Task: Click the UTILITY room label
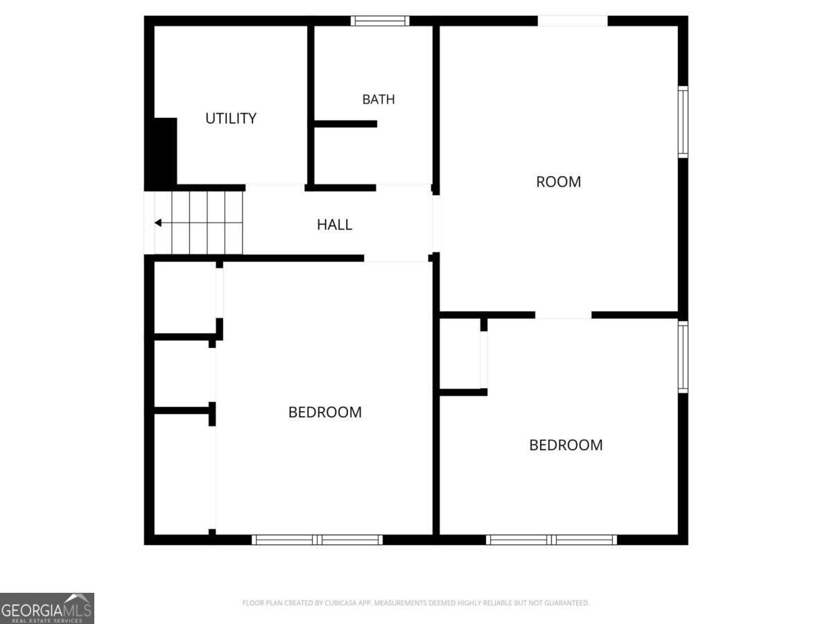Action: [231, 119]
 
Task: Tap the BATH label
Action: [379, 99]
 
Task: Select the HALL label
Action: [334, 225]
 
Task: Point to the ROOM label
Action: [558, 182]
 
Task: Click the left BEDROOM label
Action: [325, 413]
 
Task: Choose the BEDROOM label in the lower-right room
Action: [566, 445]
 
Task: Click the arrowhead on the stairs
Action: [158, 223]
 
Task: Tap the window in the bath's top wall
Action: [380, 21]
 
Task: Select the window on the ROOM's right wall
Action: [683, 122]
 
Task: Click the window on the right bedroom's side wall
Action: [683, 357]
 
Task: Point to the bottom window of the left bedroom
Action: [317, 540]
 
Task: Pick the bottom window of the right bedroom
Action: [551, 540]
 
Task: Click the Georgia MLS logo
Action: [47, 608]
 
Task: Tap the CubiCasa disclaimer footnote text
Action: [415, 603]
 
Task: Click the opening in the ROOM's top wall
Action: [573, 21]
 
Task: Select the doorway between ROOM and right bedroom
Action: [563, 315]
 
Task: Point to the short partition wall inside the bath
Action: [345, 124]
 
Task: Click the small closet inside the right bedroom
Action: [460, 354]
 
